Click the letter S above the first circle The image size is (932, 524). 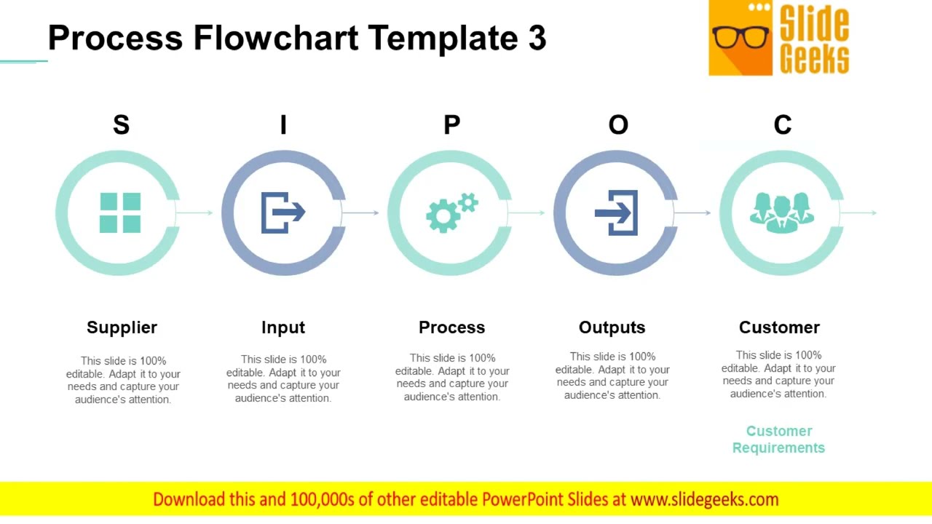tap(121, 125)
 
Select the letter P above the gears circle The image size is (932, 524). tap(451, 125)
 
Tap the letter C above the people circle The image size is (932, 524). tap(782, 125)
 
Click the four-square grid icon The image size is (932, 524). tap(120, 213)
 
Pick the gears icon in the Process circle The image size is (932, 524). tap(451, 213)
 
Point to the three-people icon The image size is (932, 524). tap(781, 212)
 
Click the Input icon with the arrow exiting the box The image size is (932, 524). tap(283, 213)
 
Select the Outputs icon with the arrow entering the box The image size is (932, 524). tap(617, 213)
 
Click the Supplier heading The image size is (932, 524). tap(122, 327)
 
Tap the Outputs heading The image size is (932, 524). tap(612, 327)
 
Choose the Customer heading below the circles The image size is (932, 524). tap(779, 327)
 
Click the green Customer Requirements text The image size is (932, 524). tap(778, 440)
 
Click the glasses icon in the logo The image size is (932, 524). tap(741, 37)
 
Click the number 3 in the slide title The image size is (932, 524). tap(537, 38)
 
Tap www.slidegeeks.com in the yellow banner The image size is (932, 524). tap(704, 499)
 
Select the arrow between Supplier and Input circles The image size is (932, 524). tap(194, 213)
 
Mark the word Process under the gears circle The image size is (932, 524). tap(451, 327)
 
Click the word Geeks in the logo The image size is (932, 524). tap(814, 58)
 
